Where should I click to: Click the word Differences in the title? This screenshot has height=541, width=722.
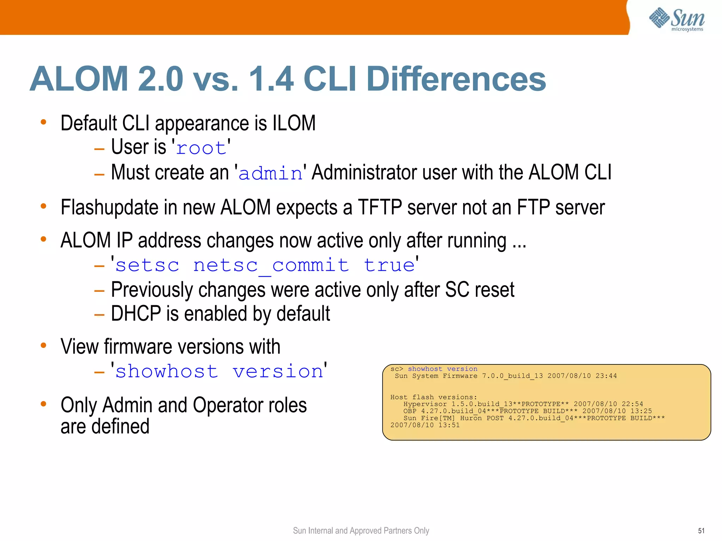point(456,79)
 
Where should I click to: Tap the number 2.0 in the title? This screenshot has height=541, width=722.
point(160,79)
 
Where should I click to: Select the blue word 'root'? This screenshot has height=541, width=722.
point(201,148)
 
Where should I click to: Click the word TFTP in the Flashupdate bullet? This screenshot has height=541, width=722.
point(380,207)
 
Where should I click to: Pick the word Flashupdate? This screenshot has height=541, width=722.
point(109,207)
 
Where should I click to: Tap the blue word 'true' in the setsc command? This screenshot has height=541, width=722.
point(389,265)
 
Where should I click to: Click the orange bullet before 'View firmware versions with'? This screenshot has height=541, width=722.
point(44,345)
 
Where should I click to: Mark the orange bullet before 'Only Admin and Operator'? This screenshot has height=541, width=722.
point(44,404)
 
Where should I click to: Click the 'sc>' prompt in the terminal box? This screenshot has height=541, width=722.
point(397,369)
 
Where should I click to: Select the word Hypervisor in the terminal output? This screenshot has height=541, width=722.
point(425,404)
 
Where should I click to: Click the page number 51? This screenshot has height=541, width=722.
point(701,531)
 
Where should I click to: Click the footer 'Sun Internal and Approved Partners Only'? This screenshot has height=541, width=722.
point(361,531)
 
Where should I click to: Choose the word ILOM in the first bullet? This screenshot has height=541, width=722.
point(294,123)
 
